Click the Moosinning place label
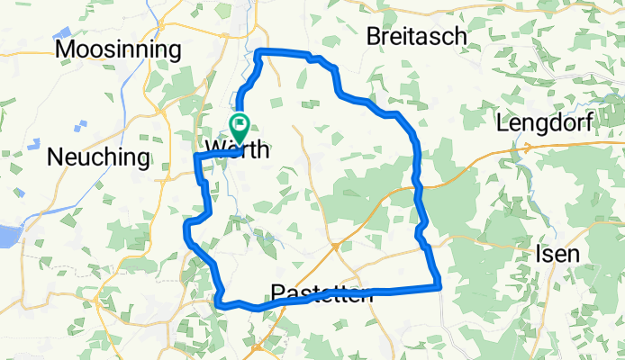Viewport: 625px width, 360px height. point(119,49)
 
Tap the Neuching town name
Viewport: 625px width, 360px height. point(98,157)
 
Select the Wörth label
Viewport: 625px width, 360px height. point(237,150)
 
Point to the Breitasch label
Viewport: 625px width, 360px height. point(417,36)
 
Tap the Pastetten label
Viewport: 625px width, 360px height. point(322,293)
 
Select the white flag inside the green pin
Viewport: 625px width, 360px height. point(240,122)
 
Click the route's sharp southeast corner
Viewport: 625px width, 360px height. point(439,287)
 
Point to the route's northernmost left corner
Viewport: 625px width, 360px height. point(261,52)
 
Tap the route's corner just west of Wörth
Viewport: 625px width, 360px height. point(196,157)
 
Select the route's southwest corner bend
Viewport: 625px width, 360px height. point(219,302)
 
